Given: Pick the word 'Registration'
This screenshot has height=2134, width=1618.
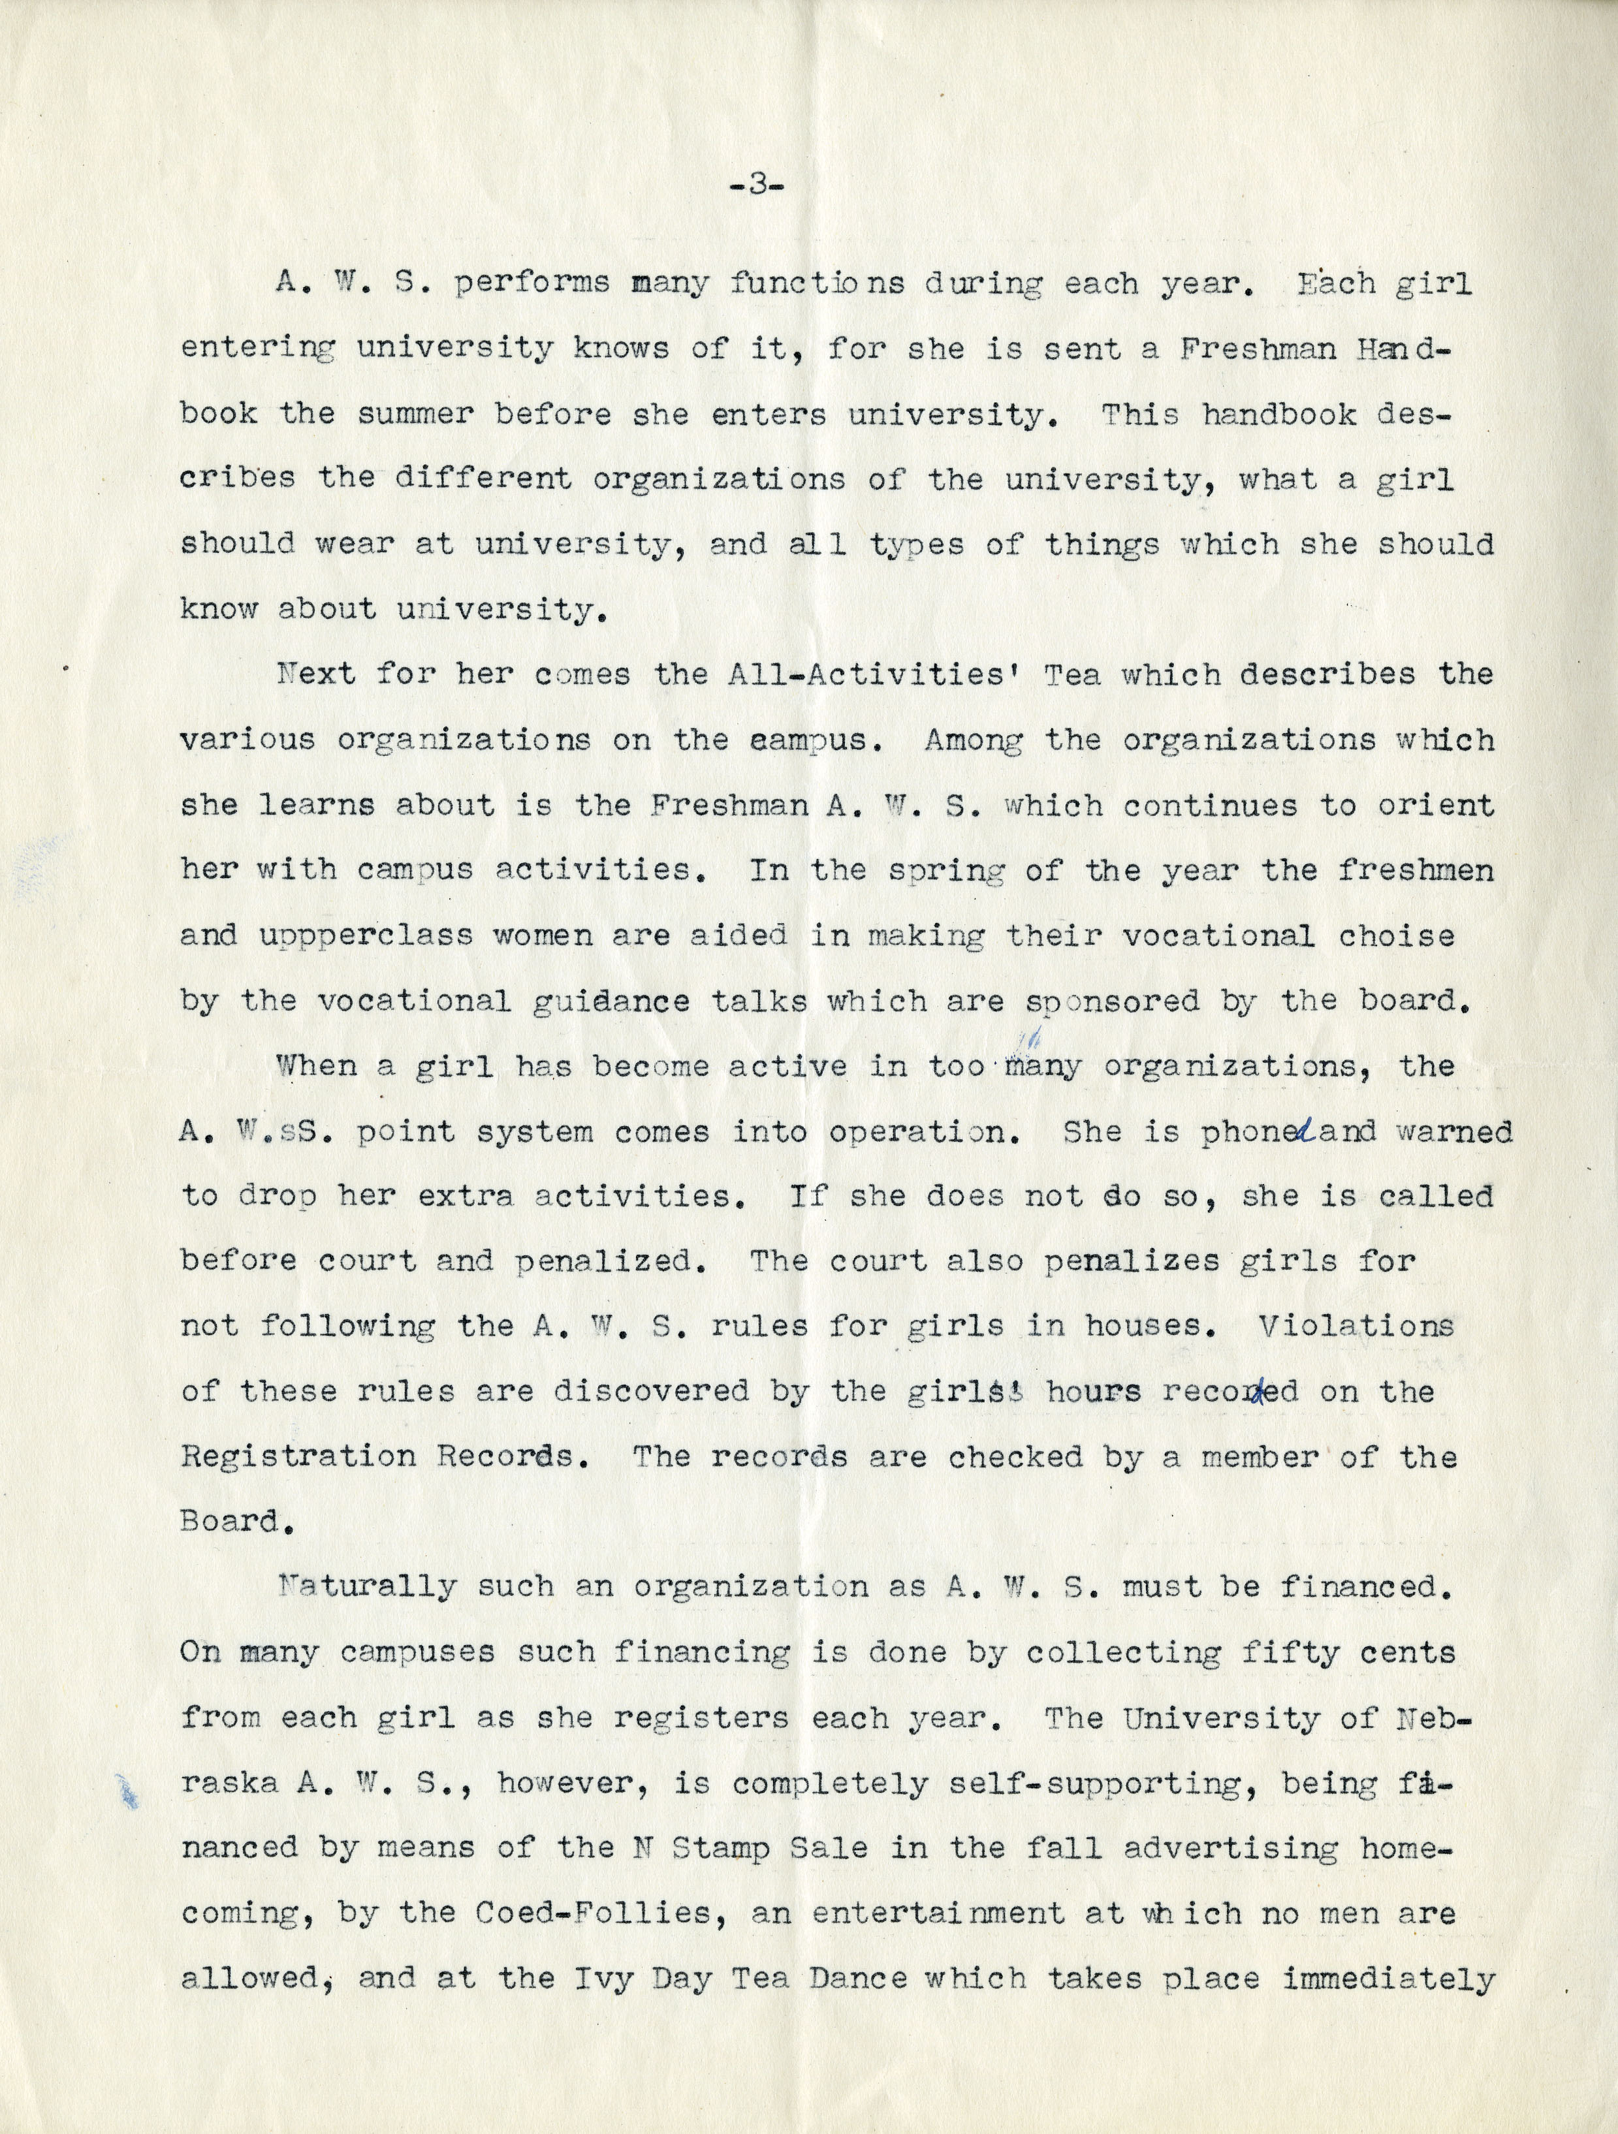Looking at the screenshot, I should [x=298, y=1457].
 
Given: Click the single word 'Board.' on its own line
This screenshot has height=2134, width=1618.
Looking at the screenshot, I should [x=230, y=1522].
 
